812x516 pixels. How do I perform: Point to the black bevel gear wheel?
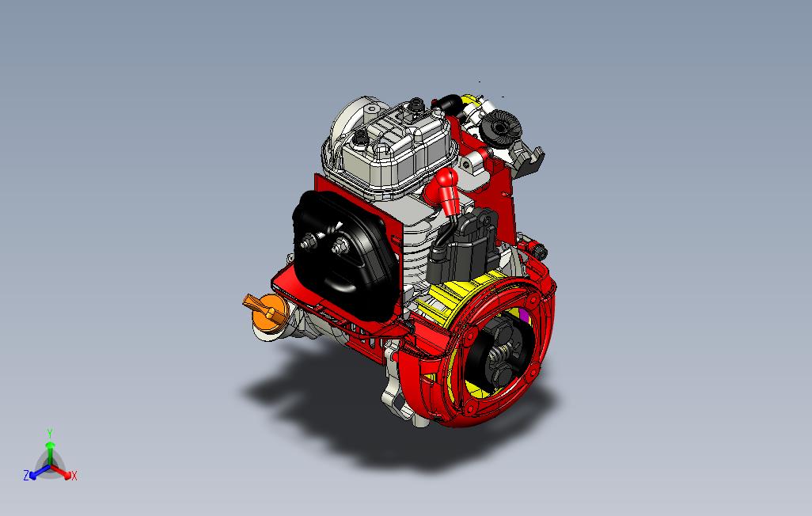pos(499,127)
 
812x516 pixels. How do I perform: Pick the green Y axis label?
pos(50,433)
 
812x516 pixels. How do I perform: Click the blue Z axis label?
pos(26,476)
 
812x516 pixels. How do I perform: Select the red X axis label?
pos(74,476)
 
